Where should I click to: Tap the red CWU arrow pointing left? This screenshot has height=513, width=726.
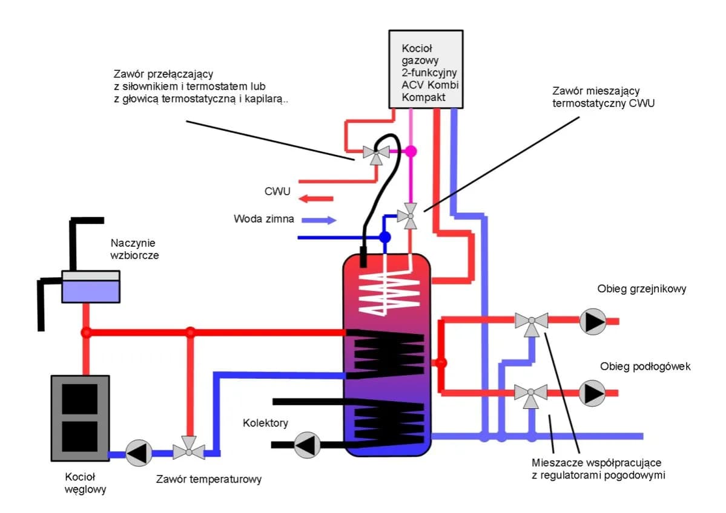[x=317, y=198]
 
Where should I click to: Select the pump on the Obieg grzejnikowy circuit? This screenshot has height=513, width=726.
[x=592, y=322]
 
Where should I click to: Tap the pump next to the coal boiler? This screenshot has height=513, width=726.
[x=139, y=453]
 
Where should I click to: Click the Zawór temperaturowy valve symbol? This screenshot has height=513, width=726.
[x=189, y=451]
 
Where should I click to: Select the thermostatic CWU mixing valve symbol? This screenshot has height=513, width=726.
[x=410, y=215]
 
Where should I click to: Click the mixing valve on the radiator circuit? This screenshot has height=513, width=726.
[x=532, y=322]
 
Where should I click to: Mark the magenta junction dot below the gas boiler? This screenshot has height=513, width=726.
[x=411, y=151]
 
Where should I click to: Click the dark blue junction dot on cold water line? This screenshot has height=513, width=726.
[x=384, y=237]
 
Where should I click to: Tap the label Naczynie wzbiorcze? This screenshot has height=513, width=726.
[x=134, y=249]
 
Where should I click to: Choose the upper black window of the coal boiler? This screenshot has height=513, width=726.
[x=80, y=399]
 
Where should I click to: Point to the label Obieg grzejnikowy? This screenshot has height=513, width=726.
[x=642, y=289]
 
